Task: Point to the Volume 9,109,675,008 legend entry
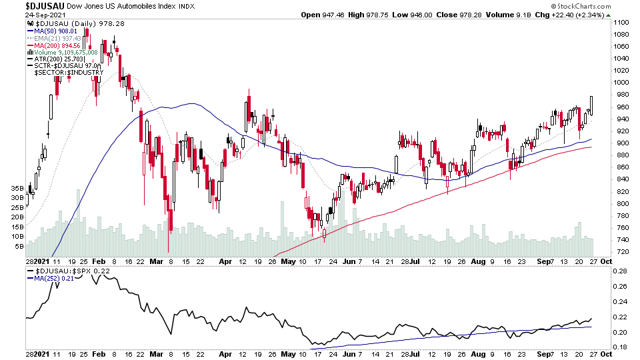coord(66,52)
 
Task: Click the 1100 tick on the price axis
coord(623,23)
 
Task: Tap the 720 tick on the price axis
coord(621,252)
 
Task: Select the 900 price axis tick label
coord(621,143)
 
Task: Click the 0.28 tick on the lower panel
coord(621,272)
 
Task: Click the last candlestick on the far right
coord(591,105)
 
